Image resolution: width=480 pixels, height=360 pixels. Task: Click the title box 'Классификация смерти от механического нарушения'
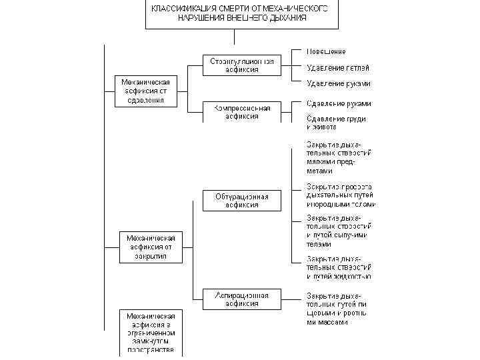(x=239, y=14)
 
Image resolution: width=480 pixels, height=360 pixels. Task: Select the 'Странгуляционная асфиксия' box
(x=242, y=65)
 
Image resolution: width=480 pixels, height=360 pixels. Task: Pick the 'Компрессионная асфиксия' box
(x=242, y=111)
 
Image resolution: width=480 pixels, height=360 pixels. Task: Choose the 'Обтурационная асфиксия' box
(x=242, y=201)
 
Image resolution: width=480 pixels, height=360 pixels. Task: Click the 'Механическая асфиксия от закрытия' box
(x=151, y=246)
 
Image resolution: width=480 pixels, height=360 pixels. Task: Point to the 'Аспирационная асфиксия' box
(x=242, y=299)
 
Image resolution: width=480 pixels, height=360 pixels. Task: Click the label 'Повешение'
(x=326, y=52)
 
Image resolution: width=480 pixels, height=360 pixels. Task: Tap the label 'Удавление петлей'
(x=337, y=67)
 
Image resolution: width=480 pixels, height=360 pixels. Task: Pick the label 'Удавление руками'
(x=338, y=84)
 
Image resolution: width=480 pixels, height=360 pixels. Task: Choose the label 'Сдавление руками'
(x=339, y=104)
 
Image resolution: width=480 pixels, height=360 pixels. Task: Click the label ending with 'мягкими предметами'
(x=339, y=157)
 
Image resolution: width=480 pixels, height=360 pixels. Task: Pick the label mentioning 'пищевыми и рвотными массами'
(x=337, y=308)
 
